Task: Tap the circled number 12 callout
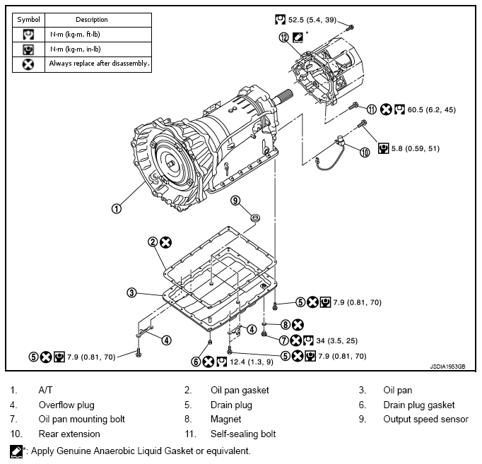[x=284, y=38]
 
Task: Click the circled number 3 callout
[x=131, y=292]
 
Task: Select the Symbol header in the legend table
[x=29, y=19]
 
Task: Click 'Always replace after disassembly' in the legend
[x=100, y=64]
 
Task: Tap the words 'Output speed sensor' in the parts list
[x=425, y=419]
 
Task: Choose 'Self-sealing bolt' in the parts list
[x=243, y=434]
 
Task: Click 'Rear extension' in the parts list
[x=69, y=434]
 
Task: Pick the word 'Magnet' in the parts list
[x=227, y=419]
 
